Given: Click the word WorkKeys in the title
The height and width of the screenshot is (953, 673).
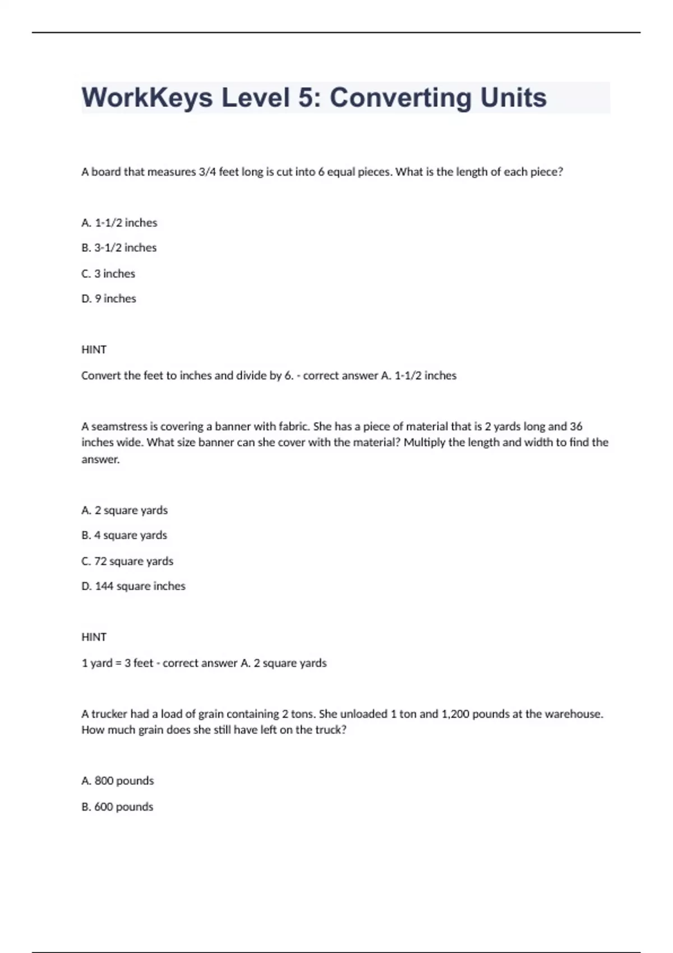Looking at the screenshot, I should (x=147, y=98).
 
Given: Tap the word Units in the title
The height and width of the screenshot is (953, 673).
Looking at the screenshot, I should (x=513, y=98).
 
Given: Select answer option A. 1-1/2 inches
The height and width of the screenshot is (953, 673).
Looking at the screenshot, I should (x=119, y=223).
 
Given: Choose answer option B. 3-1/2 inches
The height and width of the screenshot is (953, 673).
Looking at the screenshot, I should (x=119, y=248).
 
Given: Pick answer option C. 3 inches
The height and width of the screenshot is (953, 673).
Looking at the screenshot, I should (x=108, y=274).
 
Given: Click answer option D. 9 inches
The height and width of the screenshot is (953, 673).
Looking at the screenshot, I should (x=109, y=299).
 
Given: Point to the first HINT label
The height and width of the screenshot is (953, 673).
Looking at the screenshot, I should (x=94, y=350).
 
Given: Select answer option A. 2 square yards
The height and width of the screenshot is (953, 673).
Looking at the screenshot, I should (x=125, y=510).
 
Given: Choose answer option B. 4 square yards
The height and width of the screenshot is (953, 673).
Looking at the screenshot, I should (x=124, y=535).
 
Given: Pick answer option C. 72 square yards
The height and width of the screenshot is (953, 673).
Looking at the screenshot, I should (x=127, y=561).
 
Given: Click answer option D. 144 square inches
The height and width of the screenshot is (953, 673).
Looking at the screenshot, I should (x=133, y=586).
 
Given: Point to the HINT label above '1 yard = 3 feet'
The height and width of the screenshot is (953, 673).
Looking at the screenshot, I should (x=94, y=637).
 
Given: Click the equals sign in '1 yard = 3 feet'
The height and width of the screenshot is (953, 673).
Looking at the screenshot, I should (x=118, y=663).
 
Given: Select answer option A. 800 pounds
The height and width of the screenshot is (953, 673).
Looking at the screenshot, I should (x=118, y=781).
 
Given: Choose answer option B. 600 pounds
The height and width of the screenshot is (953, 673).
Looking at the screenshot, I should (x=117, y=807).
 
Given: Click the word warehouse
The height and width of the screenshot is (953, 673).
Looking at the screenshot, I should (x=573, y=714).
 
